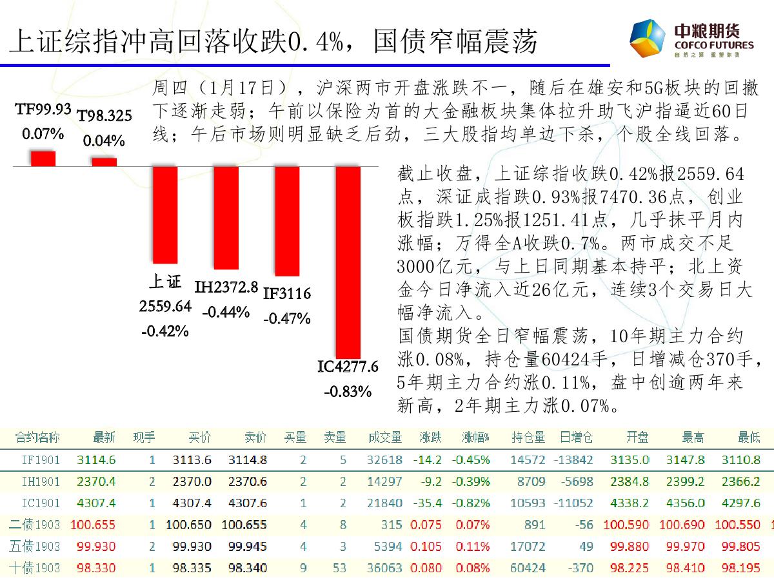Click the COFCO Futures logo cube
click(648, 39)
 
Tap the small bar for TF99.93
click(43, 159)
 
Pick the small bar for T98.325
click(104, 162)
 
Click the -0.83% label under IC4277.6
click(348, 391)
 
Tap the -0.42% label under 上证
click(165, 331)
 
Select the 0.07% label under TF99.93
click(43, 135)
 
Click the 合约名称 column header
click(38, 438)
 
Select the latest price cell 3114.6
click(96, 460)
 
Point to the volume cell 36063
click(385, 568)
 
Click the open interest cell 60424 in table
click(528, 568)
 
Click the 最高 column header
click(693, 438)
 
